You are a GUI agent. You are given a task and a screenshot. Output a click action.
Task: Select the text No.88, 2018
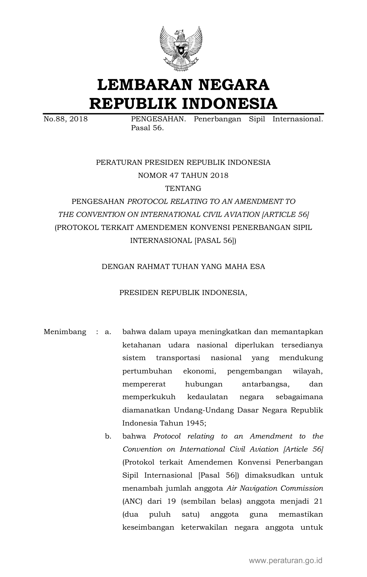tap(65, 119)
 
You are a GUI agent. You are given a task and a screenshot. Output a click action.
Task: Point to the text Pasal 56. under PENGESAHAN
tap(147, 128)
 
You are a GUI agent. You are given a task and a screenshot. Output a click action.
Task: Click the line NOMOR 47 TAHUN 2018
tap(183, 175)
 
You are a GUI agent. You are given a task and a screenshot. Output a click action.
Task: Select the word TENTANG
tap(183, 188)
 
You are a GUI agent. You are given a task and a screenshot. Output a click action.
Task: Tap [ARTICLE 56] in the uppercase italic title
tap(285, 215)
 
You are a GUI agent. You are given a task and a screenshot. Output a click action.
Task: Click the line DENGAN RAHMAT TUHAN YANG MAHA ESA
tap(183, 267)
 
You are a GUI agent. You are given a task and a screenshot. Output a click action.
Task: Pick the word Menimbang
tap(65, 332)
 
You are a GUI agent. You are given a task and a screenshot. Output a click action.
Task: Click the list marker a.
tap(108, 332)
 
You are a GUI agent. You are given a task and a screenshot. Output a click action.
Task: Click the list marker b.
tap(108, 436)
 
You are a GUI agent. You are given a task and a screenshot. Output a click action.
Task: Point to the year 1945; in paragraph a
tap(196, 423)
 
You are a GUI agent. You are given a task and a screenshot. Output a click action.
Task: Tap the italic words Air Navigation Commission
tap(275, 488)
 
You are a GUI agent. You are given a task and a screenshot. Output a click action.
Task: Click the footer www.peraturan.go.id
tap(285, 560)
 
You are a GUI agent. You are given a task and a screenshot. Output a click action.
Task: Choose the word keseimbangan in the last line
tap(148, 527)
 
